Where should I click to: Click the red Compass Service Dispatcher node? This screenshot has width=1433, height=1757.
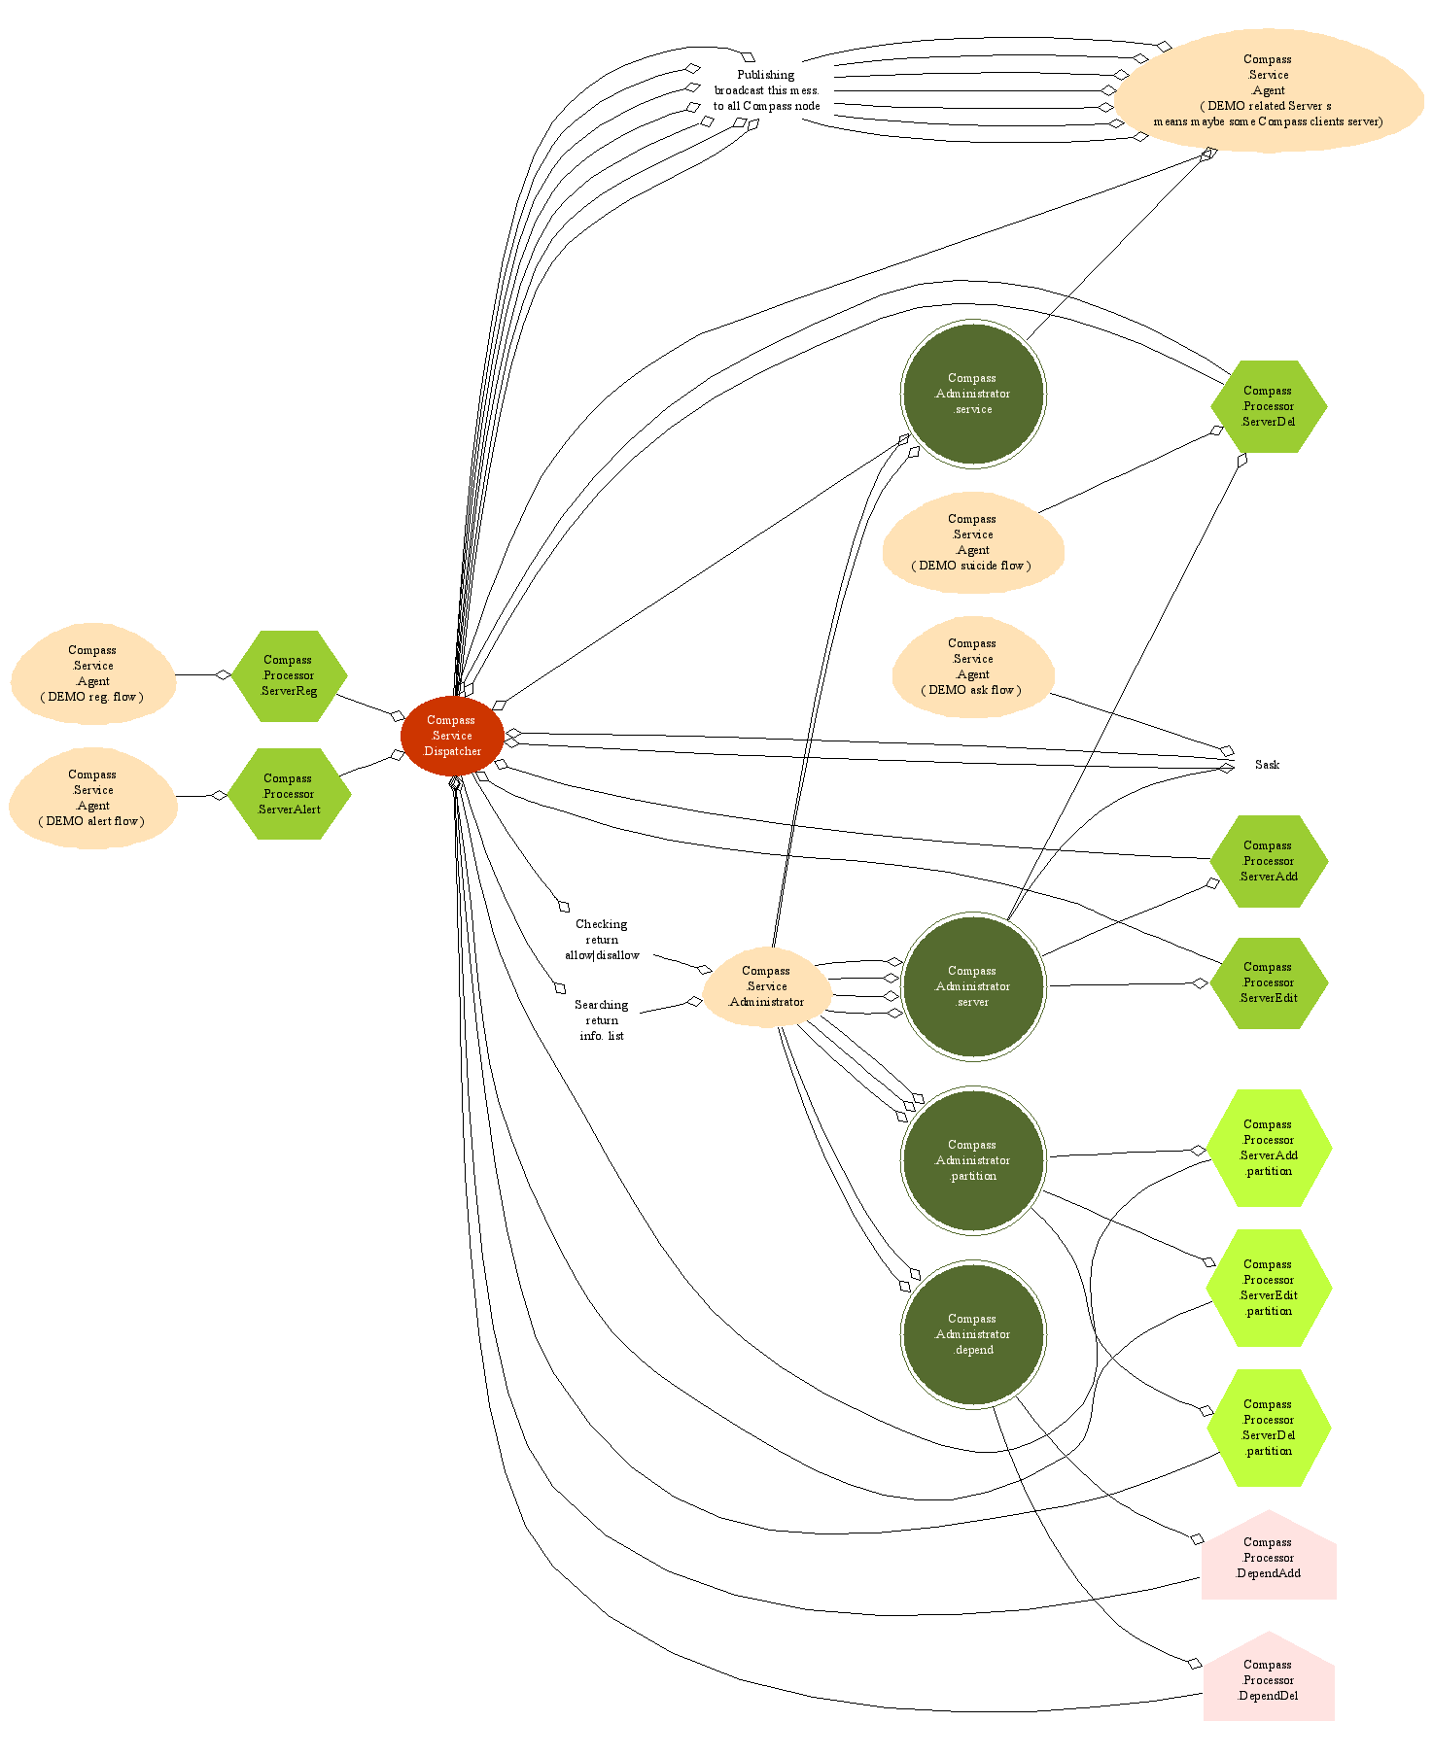[x=452, y=736]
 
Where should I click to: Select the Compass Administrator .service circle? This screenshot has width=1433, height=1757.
[x=973, y=394]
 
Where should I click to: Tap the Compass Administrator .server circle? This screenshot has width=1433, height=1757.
[x=973, y=986]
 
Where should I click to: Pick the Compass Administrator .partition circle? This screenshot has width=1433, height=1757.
[x=973, y=1160]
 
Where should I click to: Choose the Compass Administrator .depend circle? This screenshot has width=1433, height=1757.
[x=973, y=1334]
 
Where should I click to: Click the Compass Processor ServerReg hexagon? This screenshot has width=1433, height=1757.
[x=289, y=675]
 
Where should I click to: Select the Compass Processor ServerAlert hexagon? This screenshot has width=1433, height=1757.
[x=289, y=794]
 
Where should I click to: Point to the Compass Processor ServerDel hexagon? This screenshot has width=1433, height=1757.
[x=1269, y=406]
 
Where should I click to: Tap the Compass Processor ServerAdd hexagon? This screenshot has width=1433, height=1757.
[x=1269, y=861]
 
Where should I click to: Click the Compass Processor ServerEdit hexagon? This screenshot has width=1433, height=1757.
[x=1269, y=982]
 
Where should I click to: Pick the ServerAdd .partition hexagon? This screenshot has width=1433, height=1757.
[x=1269, y=1148]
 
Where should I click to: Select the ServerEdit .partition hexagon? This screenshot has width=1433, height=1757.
[x=1269, y=1288]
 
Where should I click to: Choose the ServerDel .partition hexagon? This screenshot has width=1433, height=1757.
[x=1269, y=1428]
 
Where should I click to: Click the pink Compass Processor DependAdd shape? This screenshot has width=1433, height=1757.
[x=1269, y=1559]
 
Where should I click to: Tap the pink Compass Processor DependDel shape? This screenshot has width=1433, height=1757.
[x=1269, y=1681]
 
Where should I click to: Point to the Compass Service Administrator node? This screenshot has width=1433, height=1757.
[x=767, y=986]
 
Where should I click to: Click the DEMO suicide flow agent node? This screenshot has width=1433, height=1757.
[x=973, y=542]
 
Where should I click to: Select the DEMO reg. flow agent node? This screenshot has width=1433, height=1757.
[x=93, y=673]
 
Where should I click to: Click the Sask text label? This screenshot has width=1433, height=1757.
[x=1267, y=765]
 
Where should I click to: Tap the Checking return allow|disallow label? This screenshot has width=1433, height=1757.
[x=602, y=940]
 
